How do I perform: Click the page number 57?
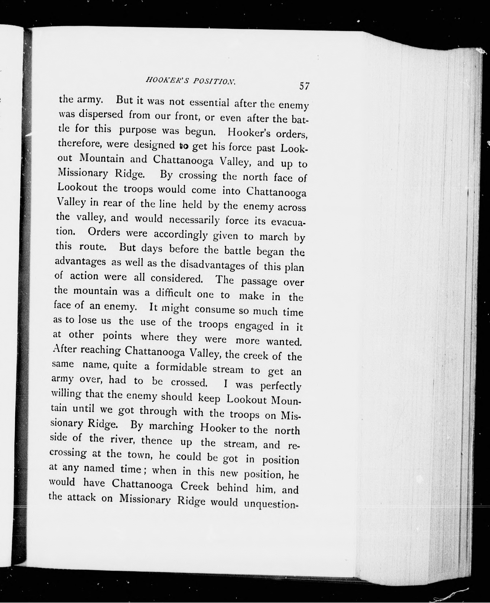305,86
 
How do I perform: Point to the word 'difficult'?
174,293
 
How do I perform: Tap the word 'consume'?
215,309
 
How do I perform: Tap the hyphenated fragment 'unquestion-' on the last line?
271,503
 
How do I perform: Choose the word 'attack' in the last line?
81,497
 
